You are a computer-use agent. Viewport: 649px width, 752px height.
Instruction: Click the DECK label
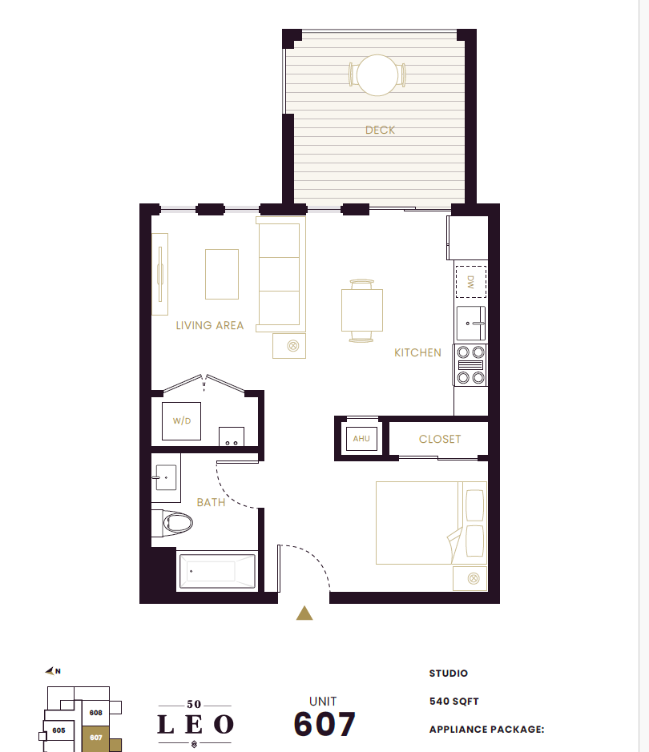pos(380,130)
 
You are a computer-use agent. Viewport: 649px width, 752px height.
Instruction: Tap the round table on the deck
pos(377,75)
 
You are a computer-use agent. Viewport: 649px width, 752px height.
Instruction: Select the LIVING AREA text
pos(210,325)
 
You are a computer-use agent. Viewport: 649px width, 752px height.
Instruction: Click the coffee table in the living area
pos(222,275)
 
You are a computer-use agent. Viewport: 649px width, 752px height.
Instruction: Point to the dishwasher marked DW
pos(470,282)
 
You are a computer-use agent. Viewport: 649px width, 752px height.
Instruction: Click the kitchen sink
pos(471,324)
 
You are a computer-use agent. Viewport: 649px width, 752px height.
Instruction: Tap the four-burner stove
pos(470,365)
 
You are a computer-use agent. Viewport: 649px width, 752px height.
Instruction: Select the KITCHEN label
pos(417,352)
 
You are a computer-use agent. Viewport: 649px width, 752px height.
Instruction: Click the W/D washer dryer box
pos(181,421)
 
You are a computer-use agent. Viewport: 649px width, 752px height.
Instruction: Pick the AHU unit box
pos(361,438)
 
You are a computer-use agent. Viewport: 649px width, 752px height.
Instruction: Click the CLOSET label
pos(440,439)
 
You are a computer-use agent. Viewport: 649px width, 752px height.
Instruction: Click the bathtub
pos(217,571)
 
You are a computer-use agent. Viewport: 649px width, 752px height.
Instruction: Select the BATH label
pos(211,502)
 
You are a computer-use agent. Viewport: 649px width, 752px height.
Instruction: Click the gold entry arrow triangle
pos(304,613)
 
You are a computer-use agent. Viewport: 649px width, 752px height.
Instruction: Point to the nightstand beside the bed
pos(470,578)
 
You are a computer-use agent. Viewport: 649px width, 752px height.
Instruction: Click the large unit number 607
pos(324,724)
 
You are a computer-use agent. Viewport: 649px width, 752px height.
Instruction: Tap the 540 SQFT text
pos(453,702)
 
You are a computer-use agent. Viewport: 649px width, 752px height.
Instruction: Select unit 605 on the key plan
pos(58,730)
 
